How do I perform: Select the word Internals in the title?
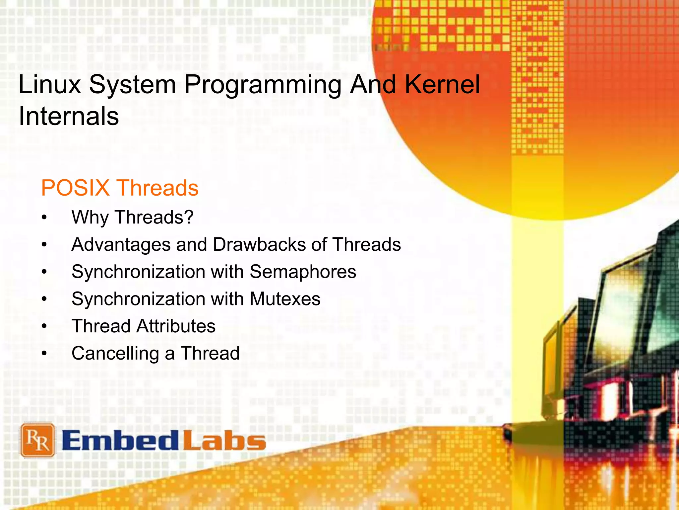click(x=69, y=116)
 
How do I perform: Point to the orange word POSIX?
click(x=75, y=188)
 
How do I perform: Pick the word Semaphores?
click(x=303, y=272)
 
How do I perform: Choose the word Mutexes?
click(x=285, y=299)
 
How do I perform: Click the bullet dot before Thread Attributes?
click(x=44, y=326)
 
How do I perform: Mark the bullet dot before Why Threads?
click(x=44, y=218)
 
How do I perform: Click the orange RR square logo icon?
click(x=37, y=440)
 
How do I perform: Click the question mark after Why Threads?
click(x=188, y=217)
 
